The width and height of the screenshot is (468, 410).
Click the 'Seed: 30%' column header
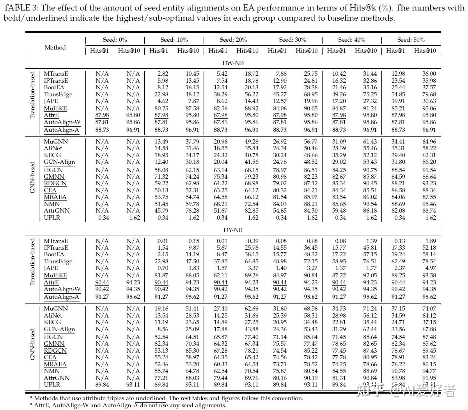pos(292,40)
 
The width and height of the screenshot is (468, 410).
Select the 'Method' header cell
pos(55,47)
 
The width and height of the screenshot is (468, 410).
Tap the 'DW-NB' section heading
pos(233,62)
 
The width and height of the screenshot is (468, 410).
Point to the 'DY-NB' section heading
pos(233,230)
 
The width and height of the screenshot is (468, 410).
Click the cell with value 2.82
pos(162,74)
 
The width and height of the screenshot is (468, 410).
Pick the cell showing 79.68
pos(429,94)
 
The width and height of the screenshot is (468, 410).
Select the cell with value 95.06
pos(429,108)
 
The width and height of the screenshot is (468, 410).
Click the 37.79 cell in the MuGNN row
pos(192,142)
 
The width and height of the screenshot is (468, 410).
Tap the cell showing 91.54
pos(429,170)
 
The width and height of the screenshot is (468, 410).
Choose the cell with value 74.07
pos(429,309)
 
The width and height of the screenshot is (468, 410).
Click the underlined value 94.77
pos(429,371)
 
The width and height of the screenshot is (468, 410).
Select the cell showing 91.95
pos(429,378)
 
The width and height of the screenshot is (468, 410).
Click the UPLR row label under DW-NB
pos(52,217)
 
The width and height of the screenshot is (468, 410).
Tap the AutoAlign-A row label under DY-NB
pos(61,297)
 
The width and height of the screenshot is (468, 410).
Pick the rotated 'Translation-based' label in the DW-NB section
pos(33,95)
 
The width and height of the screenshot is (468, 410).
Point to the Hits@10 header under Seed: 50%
pos(425,50)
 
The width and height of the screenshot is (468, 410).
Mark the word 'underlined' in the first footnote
pos(151,398)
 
